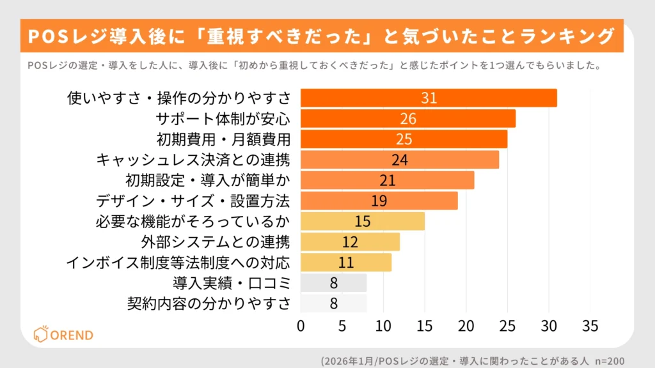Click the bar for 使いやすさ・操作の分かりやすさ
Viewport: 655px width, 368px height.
click(429, 98)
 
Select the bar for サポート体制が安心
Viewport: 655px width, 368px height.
click(407, 118)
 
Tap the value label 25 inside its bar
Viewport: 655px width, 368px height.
click(404, 139)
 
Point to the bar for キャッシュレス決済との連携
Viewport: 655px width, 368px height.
click(399, 159)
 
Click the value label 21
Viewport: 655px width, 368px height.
click(387, 180)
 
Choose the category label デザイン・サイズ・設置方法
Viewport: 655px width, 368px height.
click(193, 201)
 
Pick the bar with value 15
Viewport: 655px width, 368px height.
click(363, 221)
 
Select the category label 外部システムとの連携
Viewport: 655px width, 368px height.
click(216, 241)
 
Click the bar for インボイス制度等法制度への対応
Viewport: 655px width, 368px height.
click(345, 262)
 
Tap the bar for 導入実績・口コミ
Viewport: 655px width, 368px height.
click(333, 282)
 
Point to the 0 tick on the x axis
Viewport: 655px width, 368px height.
click(301, 326)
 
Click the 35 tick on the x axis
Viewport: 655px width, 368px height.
click(590, 326)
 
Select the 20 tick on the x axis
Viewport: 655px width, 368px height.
click(466, 326)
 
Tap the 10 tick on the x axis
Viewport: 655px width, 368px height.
click(383, 326)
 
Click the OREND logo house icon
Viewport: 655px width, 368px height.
click(40, 334)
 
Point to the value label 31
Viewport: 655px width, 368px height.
click(429, 98)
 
